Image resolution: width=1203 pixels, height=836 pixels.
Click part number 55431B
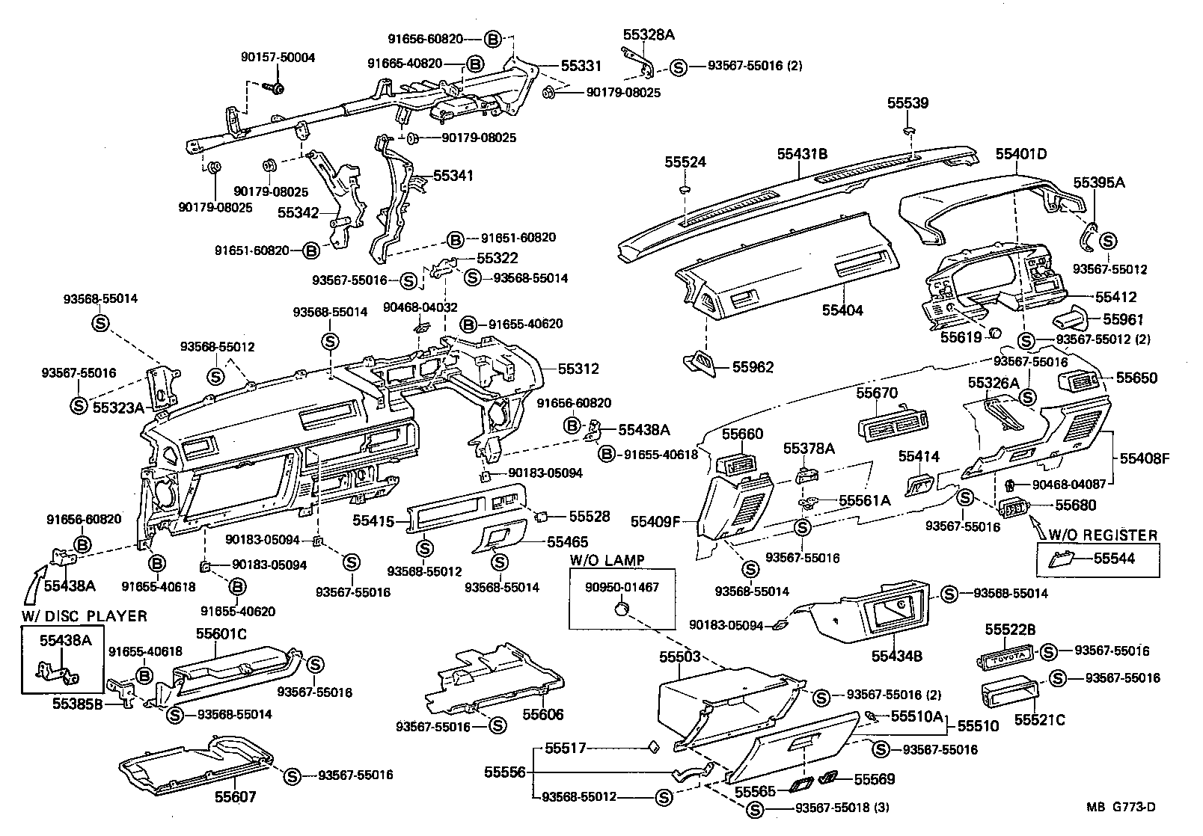[801, 154]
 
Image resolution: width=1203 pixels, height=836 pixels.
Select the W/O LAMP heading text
[607, 561]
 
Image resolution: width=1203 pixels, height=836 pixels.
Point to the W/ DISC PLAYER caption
[83, 616]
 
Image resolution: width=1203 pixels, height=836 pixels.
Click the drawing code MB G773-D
[1121, 807]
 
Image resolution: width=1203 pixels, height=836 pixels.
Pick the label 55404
[843, 310]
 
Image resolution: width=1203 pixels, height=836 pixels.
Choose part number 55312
[578, 369]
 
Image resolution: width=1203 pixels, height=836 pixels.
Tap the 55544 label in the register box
[1114, 559]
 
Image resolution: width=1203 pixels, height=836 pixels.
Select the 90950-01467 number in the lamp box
[622, 587]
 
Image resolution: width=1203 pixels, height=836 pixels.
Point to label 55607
[236, 797]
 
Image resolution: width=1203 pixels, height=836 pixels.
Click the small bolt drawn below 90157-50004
[275, 88]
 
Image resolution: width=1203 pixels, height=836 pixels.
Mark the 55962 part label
[753, 367]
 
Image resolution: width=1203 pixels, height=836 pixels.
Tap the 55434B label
[896, 657]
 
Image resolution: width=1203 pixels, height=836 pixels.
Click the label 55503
[679, 657]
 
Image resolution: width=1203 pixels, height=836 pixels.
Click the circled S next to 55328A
[678, 67]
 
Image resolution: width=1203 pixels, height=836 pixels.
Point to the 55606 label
[543, 714]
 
